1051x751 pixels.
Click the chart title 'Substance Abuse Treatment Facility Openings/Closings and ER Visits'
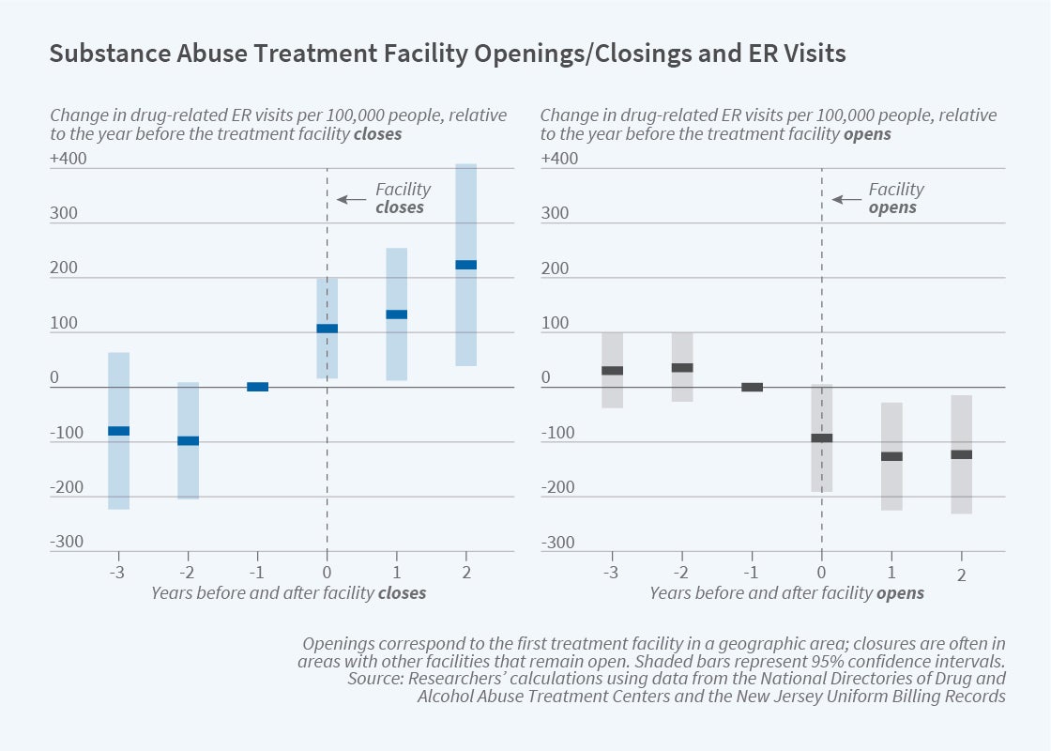pos(448,54)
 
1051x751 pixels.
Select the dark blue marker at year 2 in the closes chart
pos(465,265)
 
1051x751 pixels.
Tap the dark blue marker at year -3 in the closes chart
pos(118,431)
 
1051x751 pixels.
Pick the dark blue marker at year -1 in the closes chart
pos(257,387)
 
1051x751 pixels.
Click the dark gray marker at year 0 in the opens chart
pos(822,437)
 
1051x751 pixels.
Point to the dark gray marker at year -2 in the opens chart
pos(682,368)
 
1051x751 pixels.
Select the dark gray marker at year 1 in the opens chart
pos(891,456)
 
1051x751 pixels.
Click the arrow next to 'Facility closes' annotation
pos(350,199)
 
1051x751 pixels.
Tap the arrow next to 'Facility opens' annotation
pos(845,199)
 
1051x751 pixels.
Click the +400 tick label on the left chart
pos(69,159)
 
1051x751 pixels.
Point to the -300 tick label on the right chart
pos(559,543)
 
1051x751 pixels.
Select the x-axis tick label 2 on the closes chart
pos(466,571)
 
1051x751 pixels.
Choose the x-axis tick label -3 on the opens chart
pos(611,572)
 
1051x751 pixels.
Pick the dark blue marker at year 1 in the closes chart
pos(396,314)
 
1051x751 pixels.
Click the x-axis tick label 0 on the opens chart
pos(821,572)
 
